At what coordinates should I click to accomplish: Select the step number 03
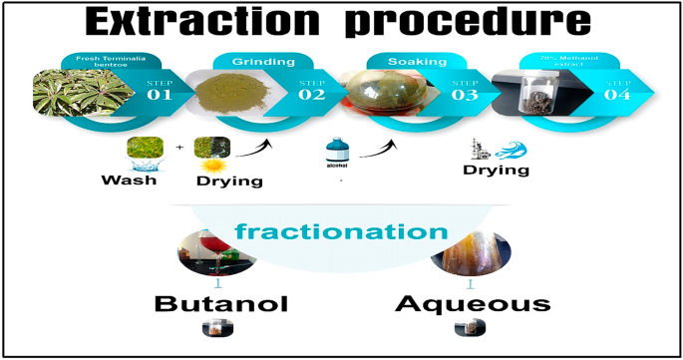point(464,96)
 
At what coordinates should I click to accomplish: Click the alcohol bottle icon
point(337,156)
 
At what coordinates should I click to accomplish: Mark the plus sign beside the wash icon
point(179,148)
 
